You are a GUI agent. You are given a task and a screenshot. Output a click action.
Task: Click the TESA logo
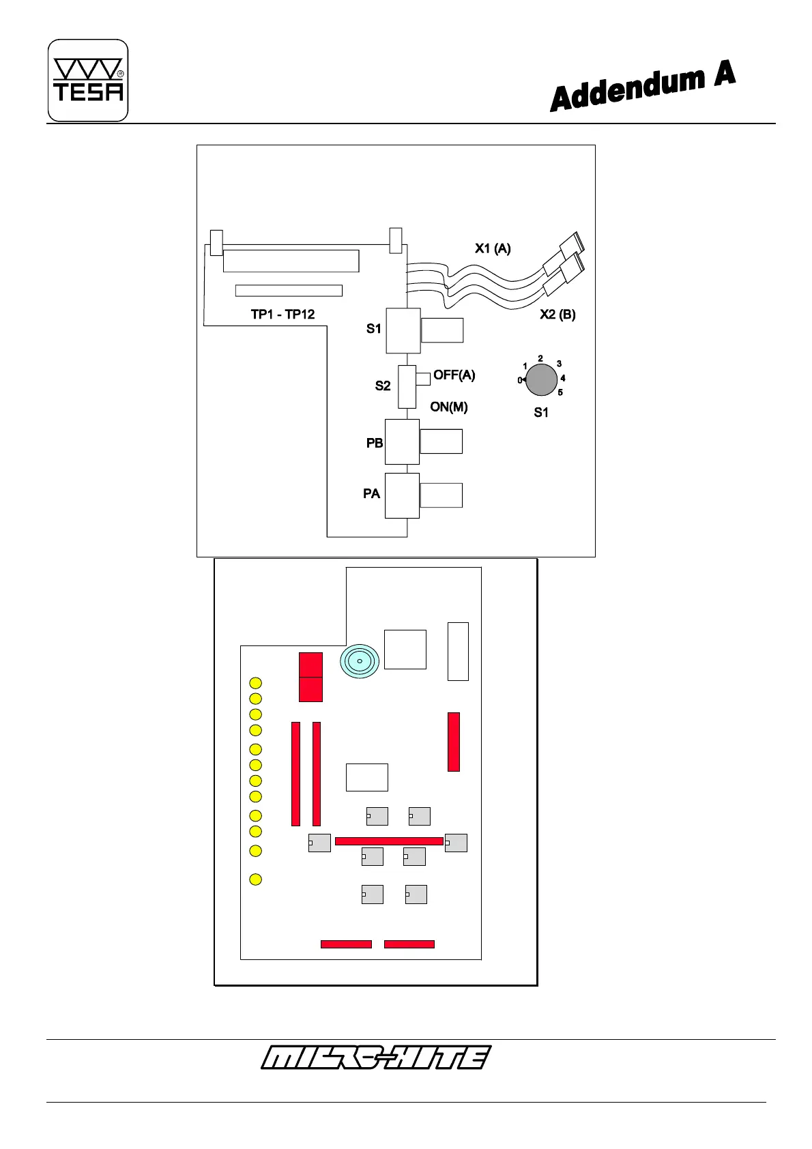(x=88, y=81)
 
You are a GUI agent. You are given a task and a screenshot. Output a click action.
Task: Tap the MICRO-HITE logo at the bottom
(x=375, y=1057)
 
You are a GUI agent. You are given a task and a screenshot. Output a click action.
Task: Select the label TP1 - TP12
(x=282, y=315)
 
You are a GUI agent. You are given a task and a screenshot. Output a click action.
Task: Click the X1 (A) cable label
(x=493, y=248)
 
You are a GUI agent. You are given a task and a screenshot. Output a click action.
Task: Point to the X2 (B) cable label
(x=557, y=315)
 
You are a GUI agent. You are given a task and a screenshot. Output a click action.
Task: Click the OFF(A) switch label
(x=454, y=375)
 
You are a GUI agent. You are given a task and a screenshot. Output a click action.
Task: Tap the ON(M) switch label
(x=448, y=407)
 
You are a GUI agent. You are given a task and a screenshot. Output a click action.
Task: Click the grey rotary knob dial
(x=541, y=380)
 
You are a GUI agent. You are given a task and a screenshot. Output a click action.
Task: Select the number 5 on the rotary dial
(x=560, y=392)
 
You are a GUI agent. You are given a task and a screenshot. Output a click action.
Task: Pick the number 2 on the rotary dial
(x=540, y=358)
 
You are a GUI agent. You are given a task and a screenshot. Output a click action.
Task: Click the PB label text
(x=375, y=443)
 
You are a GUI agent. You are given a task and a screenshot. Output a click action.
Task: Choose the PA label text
(x=371, y=493)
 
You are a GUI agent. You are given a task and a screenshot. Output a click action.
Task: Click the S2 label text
(x=383, y=386)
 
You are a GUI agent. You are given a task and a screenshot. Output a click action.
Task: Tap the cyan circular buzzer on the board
(x=360, y=660)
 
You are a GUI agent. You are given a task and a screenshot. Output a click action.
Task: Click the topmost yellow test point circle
(x=255, y=683)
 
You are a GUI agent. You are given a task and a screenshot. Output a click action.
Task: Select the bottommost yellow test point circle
(x=255, y=879)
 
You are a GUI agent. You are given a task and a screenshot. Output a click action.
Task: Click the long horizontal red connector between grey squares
(x=389, y=841)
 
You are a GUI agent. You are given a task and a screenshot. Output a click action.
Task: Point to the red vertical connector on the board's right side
(x=454, y=742)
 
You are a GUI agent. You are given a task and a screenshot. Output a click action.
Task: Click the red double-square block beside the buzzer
(x=310, y=677)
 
